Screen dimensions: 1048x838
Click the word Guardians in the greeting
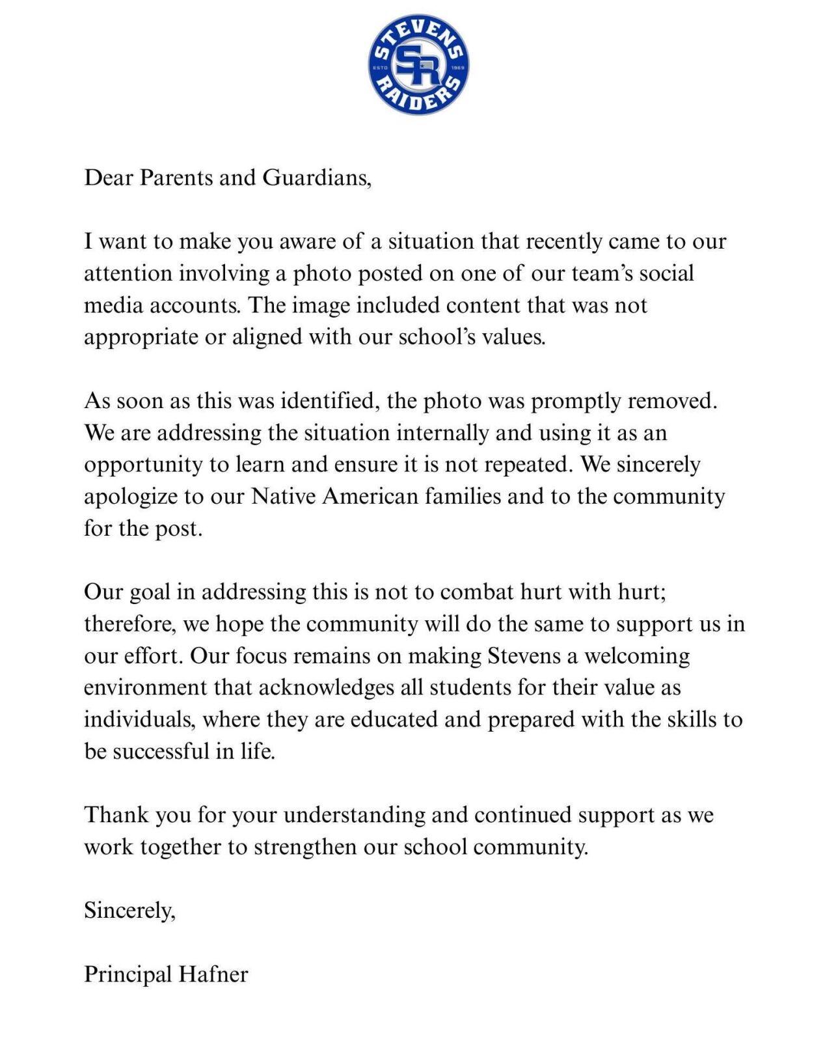coord(316,178)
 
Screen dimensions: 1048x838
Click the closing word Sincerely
coord(128,911)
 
